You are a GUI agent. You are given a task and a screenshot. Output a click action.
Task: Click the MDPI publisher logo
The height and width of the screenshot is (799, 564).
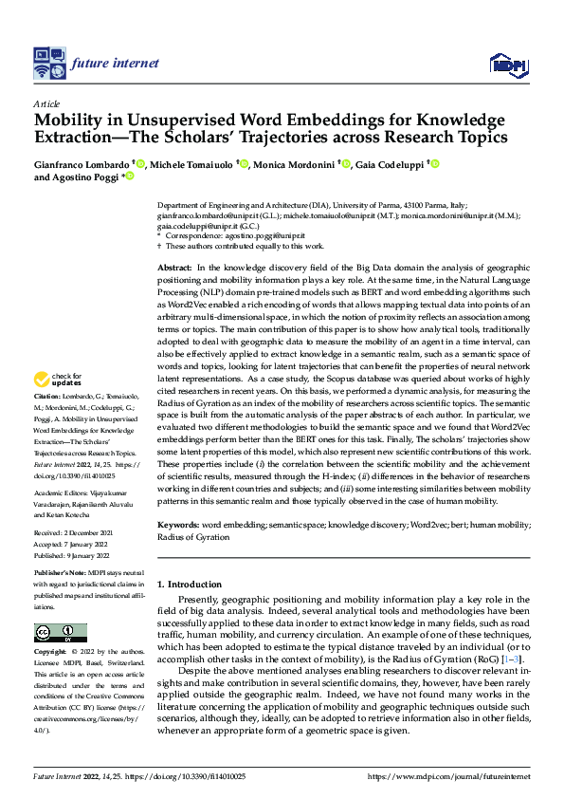[x=501, y=65]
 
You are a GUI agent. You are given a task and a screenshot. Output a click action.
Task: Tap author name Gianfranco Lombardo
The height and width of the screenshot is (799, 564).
[x=82, y=165]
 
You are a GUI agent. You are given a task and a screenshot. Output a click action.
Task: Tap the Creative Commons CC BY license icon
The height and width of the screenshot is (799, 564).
[x=60, y=633]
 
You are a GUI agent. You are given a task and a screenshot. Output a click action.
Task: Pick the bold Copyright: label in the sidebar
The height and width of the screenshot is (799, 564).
[x=50, y=652]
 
